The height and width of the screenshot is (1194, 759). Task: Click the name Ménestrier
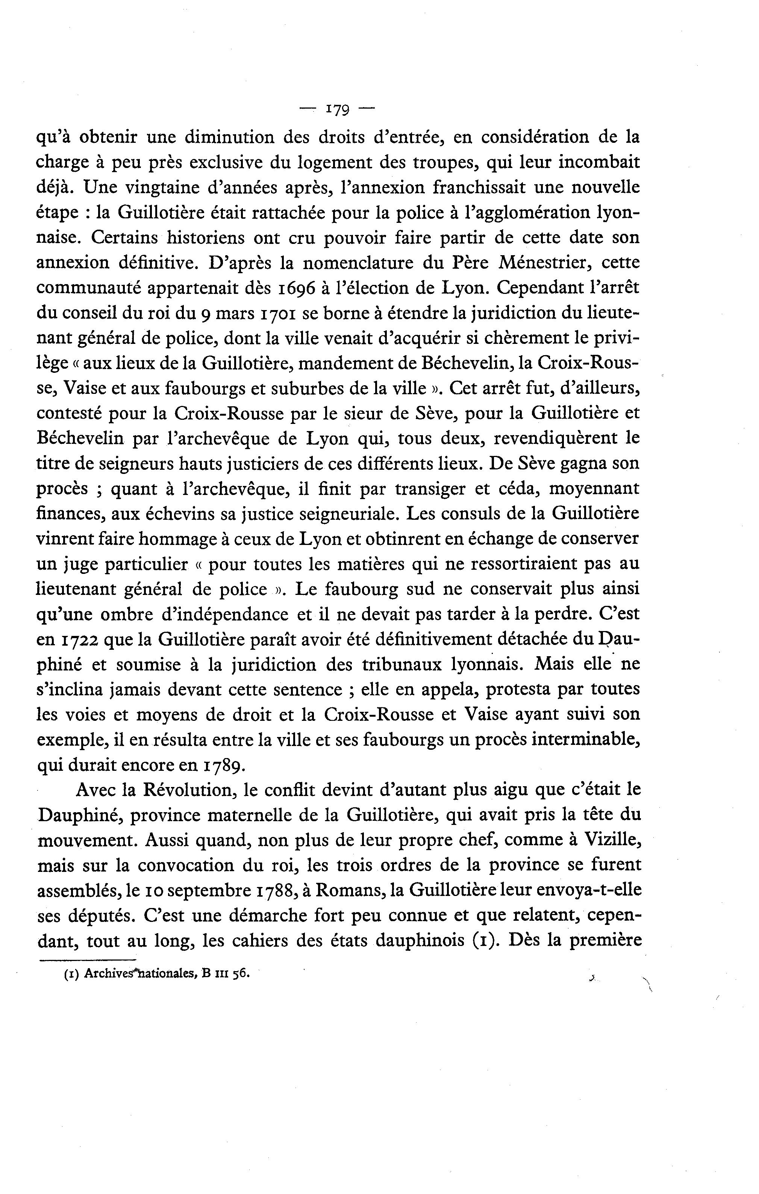pos(548,263)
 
